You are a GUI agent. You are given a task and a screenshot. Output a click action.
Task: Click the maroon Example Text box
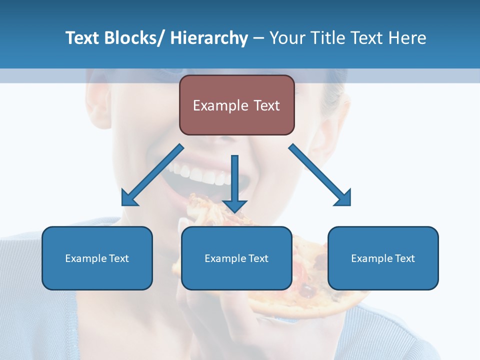point(236,105)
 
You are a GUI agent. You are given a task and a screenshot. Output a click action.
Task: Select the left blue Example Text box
point(97,258)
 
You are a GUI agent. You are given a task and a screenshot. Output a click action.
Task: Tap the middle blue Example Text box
point(236,258)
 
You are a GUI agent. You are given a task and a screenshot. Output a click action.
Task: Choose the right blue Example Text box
point(383,258)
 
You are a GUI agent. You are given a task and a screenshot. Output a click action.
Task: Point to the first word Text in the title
point(82,38)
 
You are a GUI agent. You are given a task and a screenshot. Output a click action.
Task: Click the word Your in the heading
point(287,38)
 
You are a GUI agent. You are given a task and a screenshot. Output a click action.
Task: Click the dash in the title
point(258,38)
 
